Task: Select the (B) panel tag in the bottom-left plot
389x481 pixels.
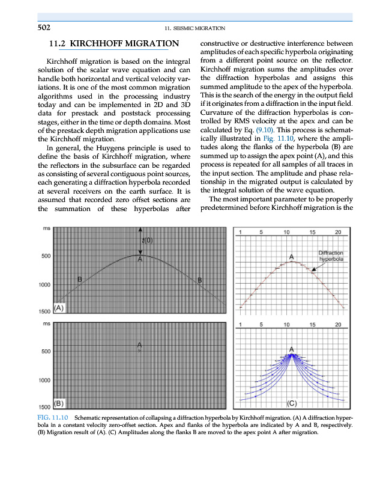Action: (59, 402)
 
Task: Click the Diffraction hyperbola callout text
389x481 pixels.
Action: (330, 256)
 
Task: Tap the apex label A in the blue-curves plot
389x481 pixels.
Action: (292, 350)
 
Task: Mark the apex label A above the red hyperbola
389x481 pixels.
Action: (291, 257)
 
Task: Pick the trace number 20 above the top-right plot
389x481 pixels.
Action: (338, 232)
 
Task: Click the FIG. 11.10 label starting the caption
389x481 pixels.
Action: (53, 417)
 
